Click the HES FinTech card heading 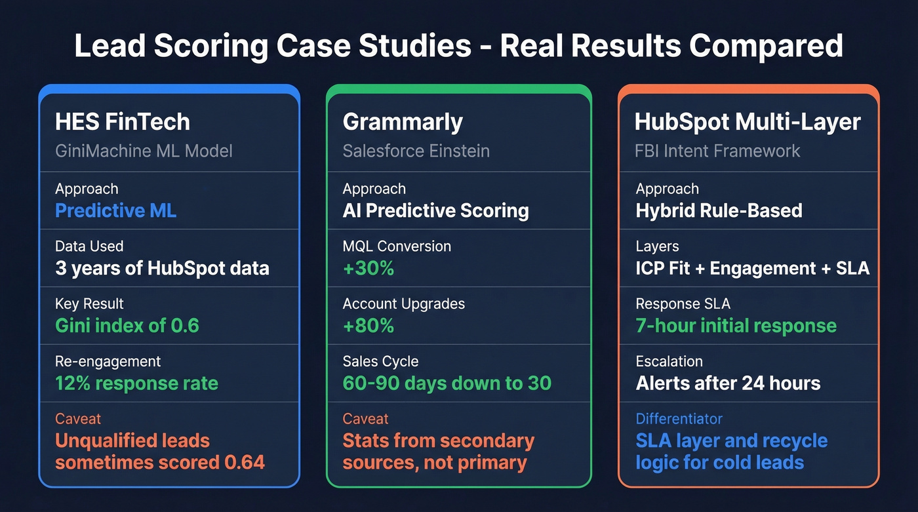pyautogui.click(x=123, y=122)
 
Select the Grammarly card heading pyautogui.click(x=403, y=122)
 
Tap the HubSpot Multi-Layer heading pyautogui.click(x=748, y=122)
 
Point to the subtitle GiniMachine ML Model pyautogui.click(x=144, y=151)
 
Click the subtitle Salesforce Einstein pyautogui.click(x=416, y=151)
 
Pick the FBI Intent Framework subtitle pyautogui.click(x=718, y=151)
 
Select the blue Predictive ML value pyautogui.click(x=116, y=210)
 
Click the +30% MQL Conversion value pyautogui.click(x=368, y=268)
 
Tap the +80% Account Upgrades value pyautogui.click(x=368, y=326)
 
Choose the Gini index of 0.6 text pyautogui.click(x=127, y=326)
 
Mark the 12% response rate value pyautogui.click(x=136, y=384)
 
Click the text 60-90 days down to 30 pyautogui.click(x=447, y=384)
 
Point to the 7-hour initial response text pyautogui.click(x=736, y=326)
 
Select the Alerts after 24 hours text pyautogui.click(x=728, y=384)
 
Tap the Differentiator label pyautogui.click(x=679, y=419)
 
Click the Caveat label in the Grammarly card pyautogui.click(x=365, y=419)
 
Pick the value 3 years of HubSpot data pyautogui.click(x=162, y=268)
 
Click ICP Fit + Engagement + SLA pyautogui.click(x=752, y=268)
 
